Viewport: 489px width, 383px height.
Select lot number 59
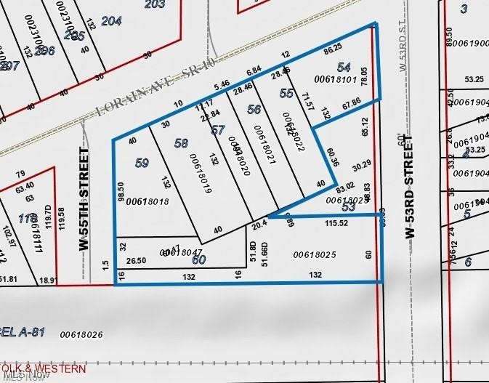point(142,164)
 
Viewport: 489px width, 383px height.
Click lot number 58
point(181,143)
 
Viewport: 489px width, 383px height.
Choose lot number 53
point(349,208)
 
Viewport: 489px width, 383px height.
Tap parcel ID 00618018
point(147,201)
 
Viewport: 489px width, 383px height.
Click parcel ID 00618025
point(315,254)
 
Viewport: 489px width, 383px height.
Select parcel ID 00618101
point(334,78)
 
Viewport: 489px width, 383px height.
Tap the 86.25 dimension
point(332,48)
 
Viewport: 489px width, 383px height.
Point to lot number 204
point(111,21)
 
